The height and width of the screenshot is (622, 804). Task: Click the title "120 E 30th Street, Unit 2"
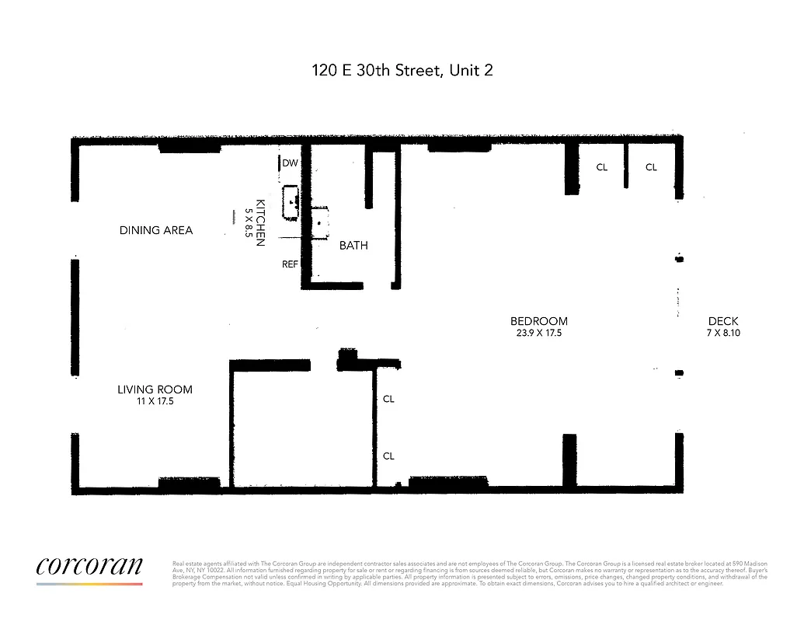tap(402, 71)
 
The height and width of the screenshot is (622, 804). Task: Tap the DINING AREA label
tap(155, 230)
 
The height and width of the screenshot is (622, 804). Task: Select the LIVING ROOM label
tap(155, 390)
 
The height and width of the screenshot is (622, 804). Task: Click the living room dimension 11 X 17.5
tap(155, 401)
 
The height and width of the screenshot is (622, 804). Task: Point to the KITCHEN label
tap(260, 222)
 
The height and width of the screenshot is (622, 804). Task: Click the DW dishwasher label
tap(290, 163)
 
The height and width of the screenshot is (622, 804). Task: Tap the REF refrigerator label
tap(290, 264)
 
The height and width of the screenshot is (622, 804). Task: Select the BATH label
tap(353, 246)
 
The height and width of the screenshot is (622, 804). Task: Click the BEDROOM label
tap(538, 321)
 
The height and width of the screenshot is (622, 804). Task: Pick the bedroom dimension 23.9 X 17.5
tap(538, 333)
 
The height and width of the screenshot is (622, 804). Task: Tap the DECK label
tap(722, 321)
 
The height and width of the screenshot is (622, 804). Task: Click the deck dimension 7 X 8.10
tap(722, 333)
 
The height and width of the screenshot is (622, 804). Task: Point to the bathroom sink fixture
tap(320, 222)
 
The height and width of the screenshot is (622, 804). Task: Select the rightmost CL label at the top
tap(651, 167)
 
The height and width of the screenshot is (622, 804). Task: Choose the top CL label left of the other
tap(601, 167)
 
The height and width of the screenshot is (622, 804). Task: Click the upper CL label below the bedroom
tap(388, 399)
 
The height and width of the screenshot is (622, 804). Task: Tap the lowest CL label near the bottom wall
tap(388, 456)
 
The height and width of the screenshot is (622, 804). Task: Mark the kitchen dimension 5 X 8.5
tap(249, 222)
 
